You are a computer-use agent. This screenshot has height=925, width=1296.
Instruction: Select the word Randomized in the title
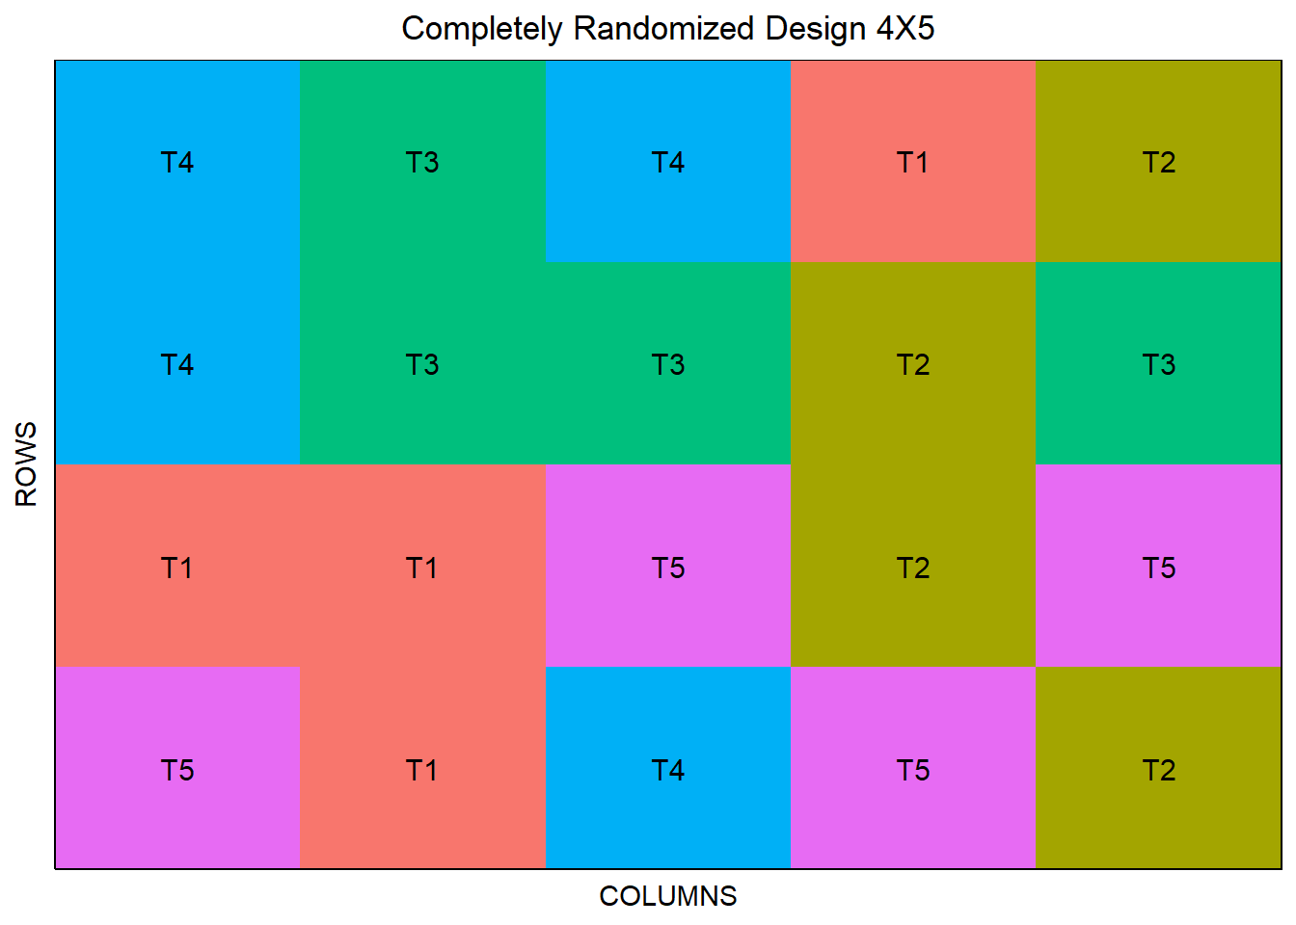[663, 28]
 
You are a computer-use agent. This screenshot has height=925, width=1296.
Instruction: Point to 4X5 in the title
[905, 28]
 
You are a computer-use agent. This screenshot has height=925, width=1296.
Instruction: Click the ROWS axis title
[26, 464]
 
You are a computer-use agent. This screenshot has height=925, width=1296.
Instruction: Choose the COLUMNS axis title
[668, 897]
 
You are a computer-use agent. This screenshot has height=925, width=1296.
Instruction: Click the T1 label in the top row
[912, 163]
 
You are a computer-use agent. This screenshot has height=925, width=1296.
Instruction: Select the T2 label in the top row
[1159, 163]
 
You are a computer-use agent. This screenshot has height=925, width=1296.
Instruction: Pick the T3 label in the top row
[422, 163]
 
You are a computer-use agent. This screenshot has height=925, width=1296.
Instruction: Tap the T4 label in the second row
[177, 365]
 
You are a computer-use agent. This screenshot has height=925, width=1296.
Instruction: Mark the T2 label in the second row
[913, 365]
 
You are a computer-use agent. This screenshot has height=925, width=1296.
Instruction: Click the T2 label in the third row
[913, 568]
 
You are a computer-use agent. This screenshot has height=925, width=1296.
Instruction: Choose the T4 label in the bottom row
[668, 771]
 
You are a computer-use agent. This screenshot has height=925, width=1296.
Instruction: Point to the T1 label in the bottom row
[421, 771]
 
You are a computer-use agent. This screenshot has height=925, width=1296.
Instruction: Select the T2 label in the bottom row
[1159, 771]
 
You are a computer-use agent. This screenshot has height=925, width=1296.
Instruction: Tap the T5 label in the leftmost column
[177, 771]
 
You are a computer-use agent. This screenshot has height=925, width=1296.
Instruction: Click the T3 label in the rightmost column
[1159, 365]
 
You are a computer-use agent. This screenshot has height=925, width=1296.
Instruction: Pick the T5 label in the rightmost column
[1159, 568]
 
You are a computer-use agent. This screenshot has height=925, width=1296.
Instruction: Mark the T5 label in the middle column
[668, 568]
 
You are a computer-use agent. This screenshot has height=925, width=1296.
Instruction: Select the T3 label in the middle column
[668, 365]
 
